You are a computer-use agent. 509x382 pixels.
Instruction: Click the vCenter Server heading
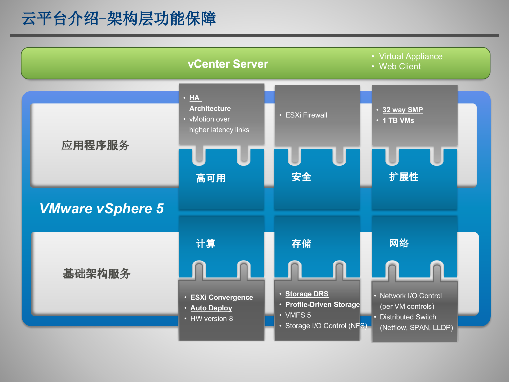[x=228, y=64]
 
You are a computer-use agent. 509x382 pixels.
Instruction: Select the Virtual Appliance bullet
[x=410, y=56]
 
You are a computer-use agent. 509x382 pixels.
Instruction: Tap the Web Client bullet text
[x=400, y=66]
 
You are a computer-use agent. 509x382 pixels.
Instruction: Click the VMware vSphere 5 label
[x=102, y=208]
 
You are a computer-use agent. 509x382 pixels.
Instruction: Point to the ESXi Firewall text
[x=306, y=115]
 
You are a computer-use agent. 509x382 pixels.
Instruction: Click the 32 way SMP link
[x=402, y=110]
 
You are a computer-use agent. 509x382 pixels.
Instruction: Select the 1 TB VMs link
[x=398, y=120]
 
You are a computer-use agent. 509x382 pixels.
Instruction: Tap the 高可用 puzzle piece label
[x=211, y=178]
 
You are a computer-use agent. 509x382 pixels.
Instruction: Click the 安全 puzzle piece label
[x=301, y=177]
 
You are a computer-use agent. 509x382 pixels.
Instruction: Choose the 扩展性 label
[x=404, y=177]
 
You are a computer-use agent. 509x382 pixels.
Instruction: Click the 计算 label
[x=206, y=244]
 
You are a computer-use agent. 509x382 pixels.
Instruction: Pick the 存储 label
[x=301, y=244]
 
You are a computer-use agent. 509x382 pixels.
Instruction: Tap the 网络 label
[x=399, y=243]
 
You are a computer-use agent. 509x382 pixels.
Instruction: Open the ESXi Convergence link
[x=222, y=297]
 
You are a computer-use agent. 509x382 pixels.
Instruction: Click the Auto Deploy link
[x=211, y=308]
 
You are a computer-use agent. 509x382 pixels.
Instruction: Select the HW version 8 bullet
[x=211, y=319]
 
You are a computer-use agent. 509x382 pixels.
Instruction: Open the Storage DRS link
[x=307, y=294]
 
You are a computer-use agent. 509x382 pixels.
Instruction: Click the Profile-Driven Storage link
[x=322, y=305]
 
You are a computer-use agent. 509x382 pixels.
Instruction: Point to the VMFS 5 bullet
[x=298, y=315]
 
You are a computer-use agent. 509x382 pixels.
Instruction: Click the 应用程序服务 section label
[x=95, y=145]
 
